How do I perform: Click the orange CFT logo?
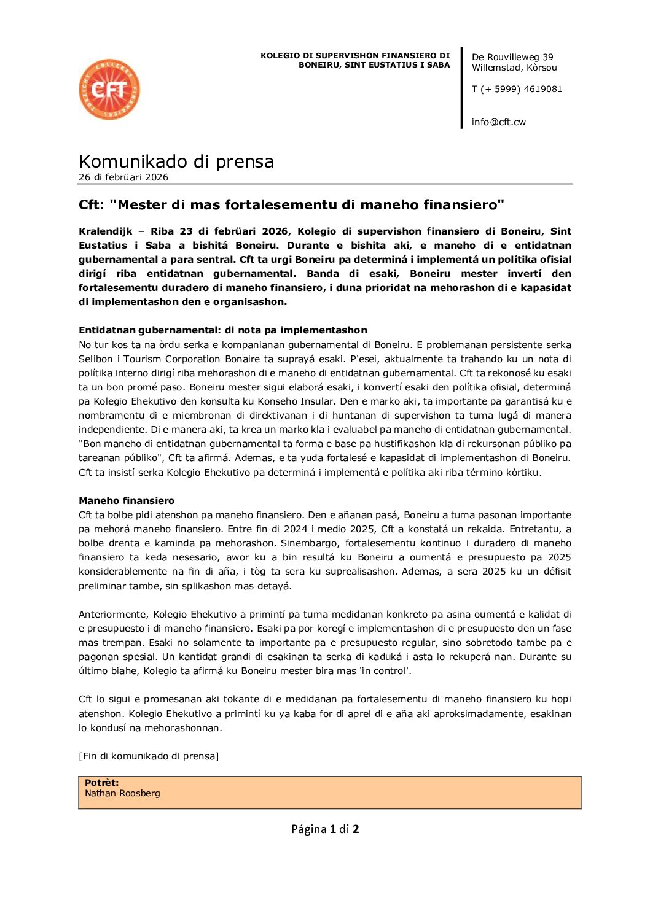pyautogui.click(x=109, y=90)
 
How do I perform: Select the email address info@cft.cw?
pyautogui.click(x=498, y=122)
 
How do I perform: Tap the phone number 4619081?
pyautogui.click(x=542, y=89)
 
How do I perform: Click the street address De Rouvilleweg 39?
pyautogui.click(x=512, y=57)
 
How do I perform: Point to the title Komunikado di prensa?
pyautogui.click(x=176, y=161)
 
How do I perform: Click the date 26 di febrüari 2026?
pyautogui.click(x=123, y=177)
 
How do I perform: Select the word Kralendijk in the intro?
pyautogui.click(x=105, y=231)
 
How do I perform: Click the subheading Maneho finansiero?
pyautogui.click(x=127, y=501)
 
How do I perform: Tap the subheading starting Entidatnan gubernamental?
pyautogui.click(x=222, y=330)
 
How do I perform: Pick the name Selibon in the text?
pyautogui.click(x=95, y=359)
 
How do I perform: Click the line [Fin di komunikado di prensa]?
pyautogui.click(x=149, y=756)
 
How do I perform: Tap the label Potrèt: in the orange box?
pyautogui.click(x=102, y=783)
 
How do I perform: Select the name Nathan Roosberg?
pyautogui.click(x=122, y=793)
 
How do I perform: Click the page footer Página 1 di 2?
pyautogui.click(x=325, y=829)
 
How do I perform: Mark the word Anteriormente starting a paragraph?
pyautogui.click(x=113, y=615)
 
